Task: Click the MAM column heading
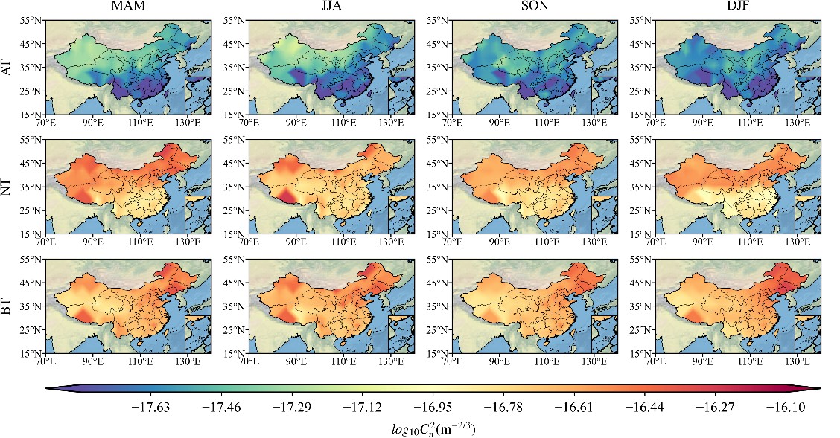(127, 7)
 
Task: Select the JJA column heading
(331, 7)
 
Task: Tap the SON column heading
(534, 7)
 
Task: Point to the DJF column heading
(737, 7)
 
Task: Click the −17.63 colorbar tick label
(150, 407)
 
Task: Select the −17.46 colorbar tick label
(224, 407)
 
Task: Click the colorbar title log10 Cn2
(433, 428)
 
